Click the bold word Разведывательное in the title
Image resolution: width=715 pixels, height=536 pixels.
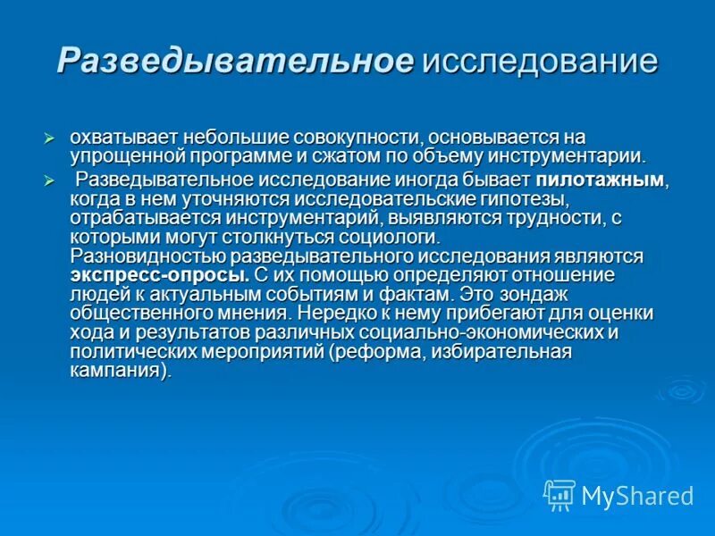[x=235, y=61]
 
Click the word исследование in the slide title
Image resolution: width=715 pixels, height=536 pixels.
[x=540, y=61]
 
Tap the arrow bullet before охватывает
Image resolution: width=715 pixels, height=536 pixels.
[x=50, y=138]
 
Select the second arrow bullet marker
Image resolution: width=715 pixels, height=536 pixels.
[x=50, y=180]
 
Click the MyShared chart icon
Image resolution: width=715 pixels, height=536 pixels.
[x=559, y=494]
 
